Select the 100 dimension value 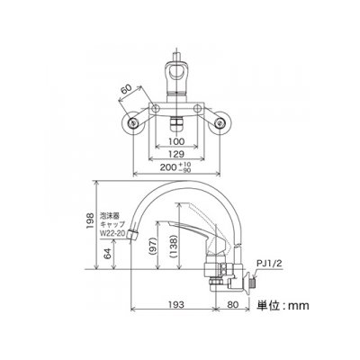(x=177, y=141)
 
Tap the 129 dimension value (x=176, y=154)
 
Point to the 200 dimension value (x=168, y=166)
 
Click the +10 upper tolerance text (x=184, y=164)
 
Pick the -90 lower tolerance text (x=184, y=170)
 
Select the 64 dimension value (x=107, y=254)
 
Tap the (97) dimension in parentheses (x=151, y=247)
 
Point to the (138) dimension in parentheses (x=172, y=247)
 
